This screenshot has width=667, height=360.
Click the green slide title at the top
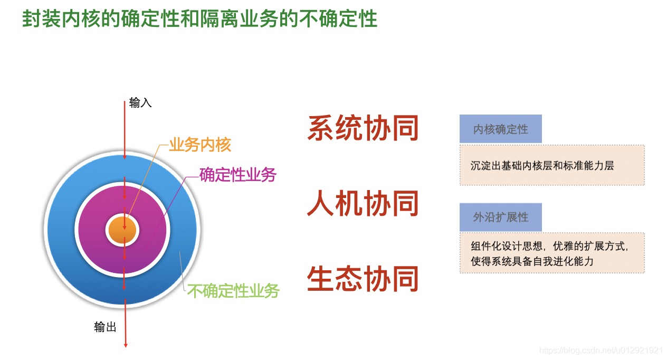click(199, 19)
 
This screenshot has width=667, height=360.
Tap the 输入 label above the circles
click(140, 103)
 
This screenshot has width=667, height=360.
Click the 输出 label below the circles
click(105, 327)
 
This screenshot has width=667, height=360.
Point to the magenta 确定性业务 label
click(238, 174)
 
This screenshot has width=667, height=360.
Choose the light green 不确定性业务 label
click(233, 290)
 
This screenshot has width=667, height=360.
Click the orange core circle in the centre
click(122, 231)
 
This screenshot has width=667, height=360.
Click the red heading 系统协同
click(363, 128)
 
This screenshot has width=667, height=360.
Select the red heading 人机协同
click(363, 203)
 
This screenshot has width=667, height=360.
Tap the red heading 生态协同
click(363, 279)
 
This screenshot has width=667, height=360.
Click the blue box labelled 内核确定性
click(500, 129)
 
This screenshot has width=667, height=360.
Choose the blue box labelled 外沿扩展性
click(500, 217)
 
